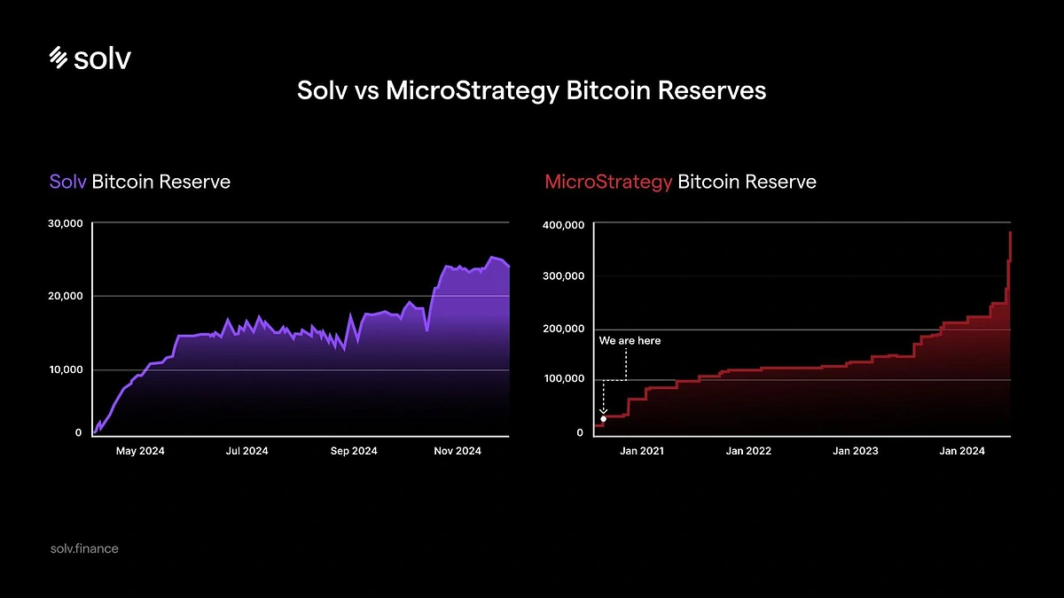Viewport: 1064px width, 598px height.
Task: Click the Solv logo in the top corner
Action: [90, 58]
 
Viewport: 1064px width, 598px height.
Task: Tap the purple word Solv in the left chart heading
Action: [67, 182]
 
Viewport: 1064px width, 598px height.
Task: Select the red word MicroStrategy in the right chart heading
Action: [608, 182]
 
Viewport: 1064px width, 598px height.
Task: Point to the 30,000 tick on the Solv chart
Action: [65, 223]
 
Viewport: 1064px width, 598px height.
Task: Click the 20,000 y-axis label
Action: [65, 296]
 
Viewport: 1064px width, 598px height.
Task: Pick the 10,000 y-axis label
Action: [65, 369]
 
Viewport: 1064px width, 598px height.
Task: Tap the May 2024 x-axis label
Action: [140, 451]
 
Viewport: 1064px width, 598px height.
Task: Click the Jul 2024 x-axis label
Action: [246, 451]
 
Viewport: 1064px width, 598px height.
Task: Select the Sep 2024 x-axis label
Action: [353, 451]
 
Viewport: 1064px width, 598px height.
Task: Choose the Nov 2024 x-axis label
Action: [458, 451]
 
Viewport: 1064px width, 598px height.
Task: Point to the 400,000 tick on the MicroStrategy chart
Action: [562, 225]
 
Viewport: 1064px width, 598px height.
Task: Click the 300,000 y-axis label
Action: [562, 276]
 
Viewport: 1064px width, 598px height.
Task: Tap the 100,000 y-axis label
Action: [562, 379]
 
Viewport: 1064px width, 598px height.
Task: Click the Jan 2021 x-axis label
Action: [642, 451]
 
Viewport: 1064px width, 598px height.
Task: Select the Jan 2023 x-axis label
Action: [856, 451]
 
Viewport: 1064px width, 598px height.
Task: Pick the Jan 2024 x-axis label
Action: [962, 451]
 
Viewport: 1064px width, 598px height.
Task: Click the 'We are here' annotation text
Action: [630, 341]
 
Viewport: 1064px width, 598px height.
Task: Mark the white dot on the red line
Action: [604, 419]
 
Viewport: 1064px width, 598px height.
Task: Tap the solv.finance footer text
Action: [84, 548]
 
